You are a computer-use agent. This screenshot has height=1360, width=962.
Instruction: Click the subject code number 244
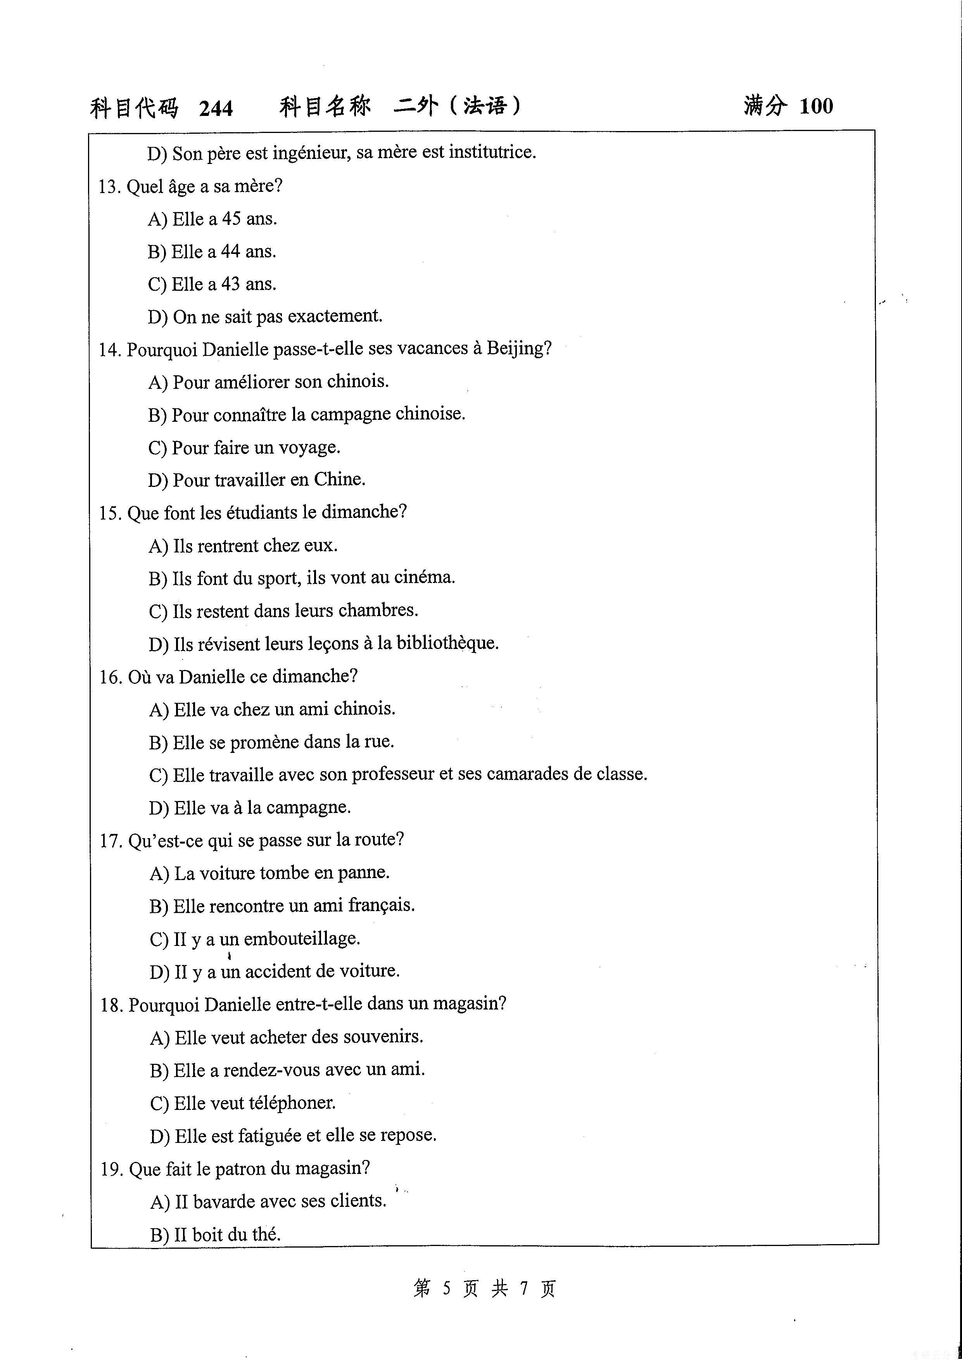click(216, 109)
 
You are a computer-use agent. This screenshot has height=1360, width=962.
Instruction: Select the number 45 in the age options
click(231, 219)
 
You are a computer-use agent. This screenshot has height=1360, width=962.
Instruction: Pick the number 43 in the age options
click(230, 284)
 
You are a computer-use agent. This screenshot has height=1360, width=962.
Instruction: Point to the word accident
click(275, 972)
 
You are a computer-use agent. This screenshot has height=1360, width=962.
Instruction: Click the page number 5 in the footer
click(447, 1288)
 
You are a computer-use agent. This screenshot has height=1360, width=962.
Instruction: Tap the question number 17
click(110, 841)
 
